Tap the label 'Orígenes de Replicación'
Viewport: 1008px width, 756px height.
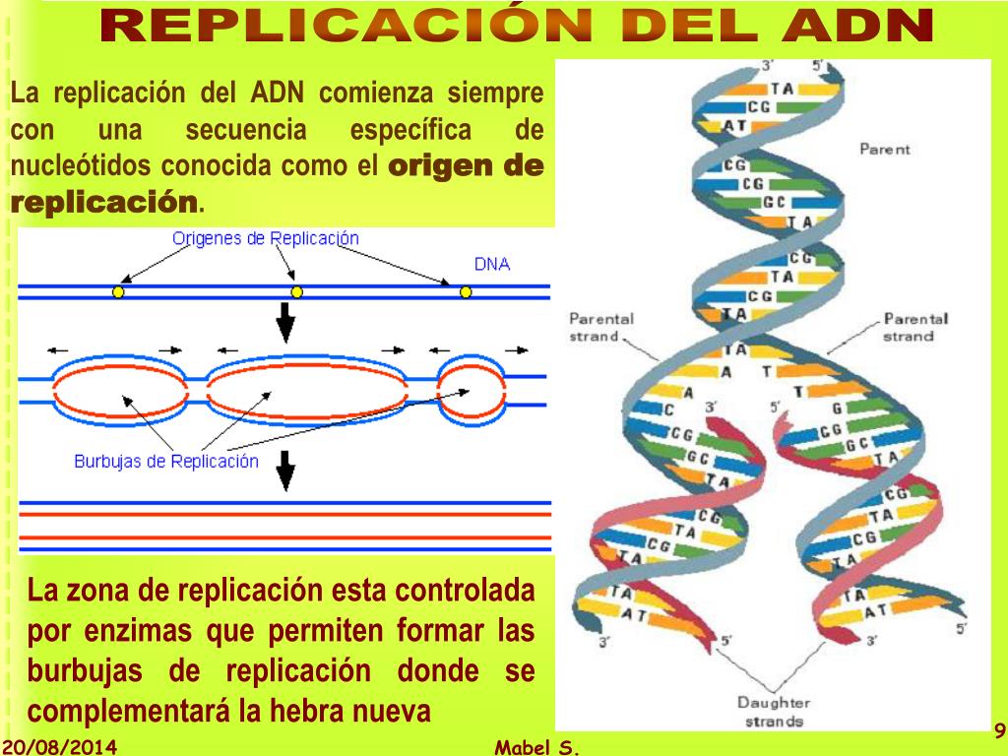266,238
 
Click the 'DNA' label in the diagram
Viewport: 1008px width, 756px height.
492,264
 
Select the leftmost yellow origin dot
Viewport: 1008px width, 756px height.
118,292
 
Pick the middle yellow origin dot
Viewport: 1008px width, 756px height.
296,292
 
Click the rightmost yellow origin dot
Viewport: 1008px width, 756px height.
466,292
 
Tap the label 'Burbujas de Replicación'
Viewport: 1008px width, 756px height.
166,461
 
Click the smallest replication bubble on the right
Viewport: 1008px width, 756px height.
470,389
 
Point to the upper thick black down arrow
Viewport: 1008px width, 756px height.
285,320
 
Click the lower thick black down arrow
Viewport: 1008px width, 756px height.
285,471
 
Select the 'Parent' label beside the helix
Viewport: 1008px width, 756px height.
885,150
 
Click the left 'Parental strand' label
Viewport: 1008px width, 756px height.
601,327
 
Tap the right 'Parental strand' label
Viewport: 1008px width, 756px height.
915,327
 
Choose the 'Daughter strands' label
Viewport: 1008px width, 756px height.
774,711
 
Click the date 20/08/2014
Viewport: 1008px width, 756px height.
59,747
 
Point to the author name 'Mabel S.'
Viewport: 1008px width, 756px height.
537,748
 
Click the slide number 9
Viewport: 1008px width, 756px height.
998,730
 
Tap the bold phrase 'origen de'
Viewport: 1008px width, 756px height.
467,167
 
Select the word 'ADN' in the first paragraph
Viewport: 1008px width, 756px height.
279,94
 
